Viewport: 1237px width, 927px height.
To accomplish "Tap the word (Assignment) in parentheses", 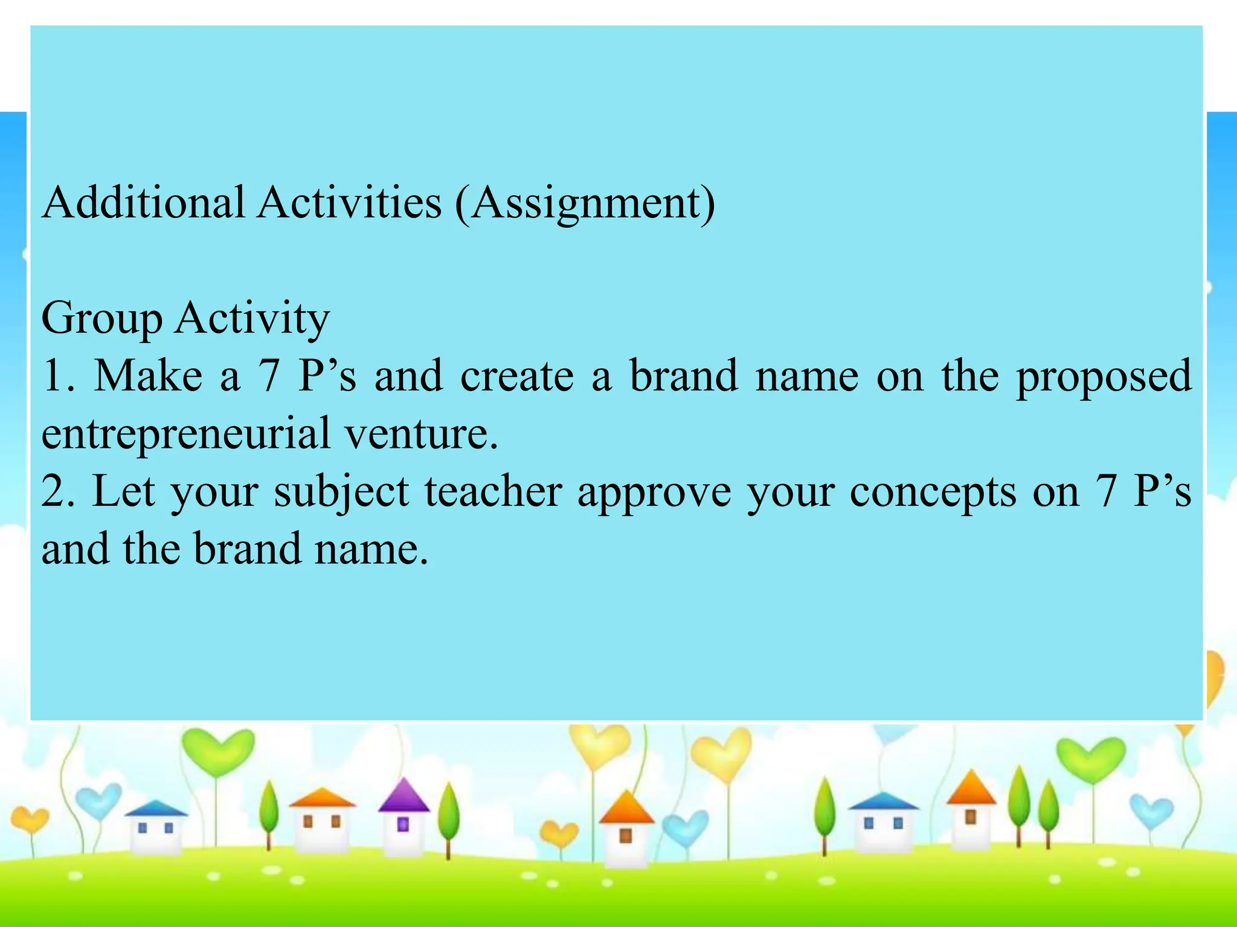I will coord(585,203).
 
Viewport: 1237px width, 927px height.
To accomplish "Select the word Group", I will coord(101,319).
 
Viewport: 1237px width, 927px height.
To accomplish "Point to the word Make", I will coord(149,376).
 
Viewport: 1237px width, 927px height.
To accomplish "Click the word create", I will coord(517,376).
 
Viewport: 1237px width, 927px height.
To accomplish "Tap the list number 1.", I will coord(57,376).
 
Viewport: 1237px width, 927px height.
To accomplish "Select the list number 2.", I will coord(57,491).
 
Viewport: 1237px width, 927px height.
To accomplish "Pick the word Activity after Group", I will coord(252,319).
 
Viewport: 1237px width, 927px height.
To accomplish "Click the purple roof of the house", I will coord(403,796).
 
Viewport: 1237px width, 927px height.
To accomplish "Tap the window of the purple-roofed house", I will coord(403,824).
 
